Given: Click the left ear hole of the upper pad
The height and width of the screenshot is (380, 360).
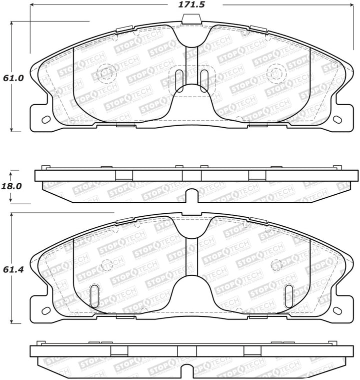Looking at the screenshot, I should click(45, 120).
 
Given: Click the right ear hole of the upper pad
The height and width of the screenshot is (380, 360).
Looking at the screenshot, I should click(337, 119).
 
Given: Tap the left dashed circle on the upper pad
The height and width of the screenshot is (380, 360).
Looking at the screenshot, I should click(105, 74).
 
